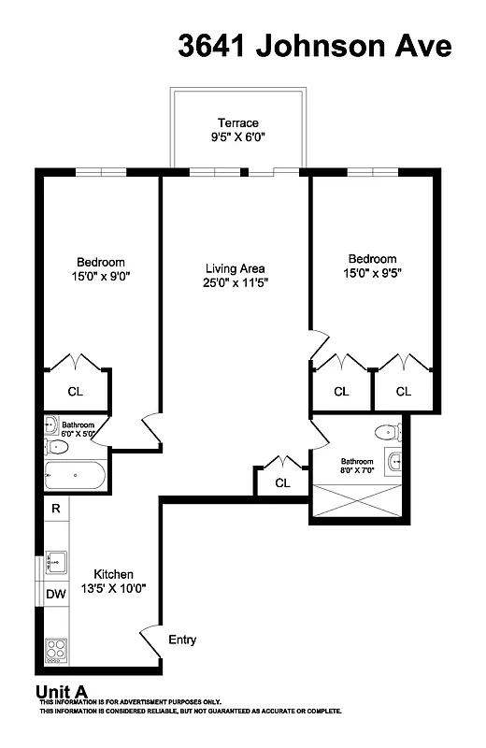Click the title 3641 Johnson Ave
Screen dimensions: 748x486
pyautogui.click(x=315, y=46)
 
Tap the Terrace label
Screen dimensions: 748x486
pyautogui.click(x=237, y=122)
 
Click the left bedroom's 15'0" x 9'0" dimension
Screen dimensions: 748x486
pyautogui.click(x=99, y=277)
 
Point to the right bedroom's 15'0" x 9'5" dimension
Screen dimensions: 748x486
pyautogui.click(x=372, y=273)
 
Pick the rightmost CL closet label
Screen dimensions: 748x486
pyautogui.click(x=403, y=392)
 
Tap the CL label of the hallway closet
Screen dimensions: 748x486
pyautogui.click(x=281, y=482)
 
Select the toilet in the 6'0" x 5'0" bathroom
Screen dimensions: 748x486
pyautogui.click(x=53, y=426)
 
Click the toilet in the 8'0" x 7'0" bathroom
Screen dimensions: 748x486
pyautogui.click(x=383, y=431)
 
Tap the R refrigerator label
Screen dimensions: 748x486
pyautogui.click(x=56, y=509)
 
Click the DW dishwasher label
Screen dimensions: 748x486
pyautogui.click(x=55, y=595)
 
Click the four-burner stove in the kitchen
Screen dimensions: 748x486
pyautogui.click(x=56, y=648)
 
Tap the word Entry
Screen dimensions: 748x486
pyautogui.click(x=182, y=640)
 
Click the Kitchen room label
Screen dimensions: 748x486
pyautogui.click(x=112, y=574)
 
